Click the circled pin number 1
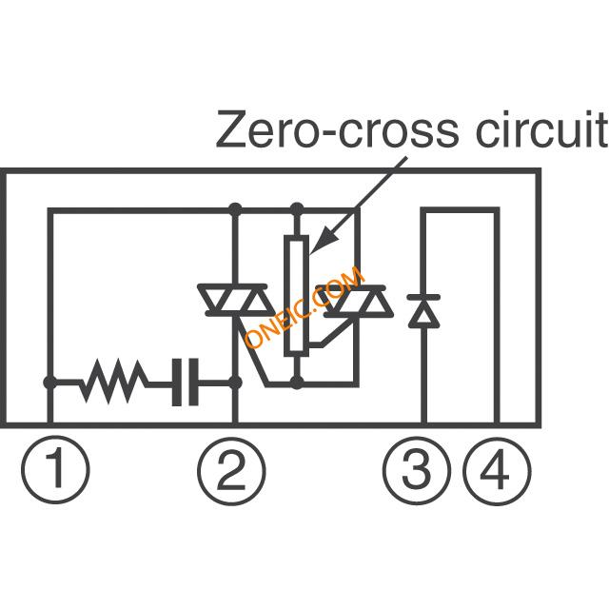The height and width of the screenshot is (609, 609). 55,470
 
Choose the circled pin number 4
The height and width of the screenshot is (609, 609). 497,470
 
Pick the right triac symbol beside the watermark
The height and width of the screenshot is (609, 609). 359,301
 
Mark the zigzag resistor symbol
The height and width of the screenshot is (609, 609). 114,383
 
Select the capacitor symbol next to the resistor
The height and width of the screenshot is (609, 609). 186,383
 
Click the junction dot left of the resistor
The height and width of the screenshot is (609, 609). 49,383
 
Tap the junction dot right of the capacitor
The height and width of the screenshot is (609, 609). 235,383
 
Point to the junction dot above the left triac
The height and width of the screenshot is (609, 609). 235,207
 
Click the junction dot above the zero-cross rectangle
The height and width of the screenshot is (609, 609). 297,207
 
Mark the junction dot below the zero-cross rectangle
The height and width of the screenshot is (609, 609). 297,383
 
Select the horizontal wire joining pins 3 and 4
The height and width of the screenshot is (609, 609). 461,209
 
